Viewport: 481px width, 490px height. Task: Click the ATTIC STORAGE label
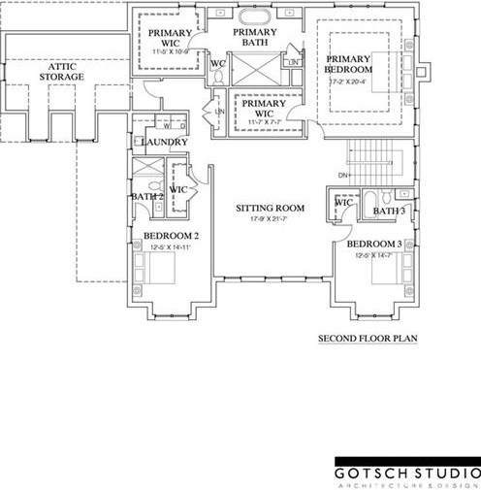click(61, 70)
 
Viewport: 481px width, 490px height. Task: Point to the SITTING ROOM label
click(271, 208)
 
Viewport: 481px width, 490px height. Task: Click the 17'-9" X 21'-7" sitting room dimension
click(271, 218)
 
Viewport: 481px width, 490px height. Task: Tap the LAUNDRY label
click(164, 143)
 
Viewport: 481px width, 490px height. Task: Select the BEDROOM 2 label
click(171, 236)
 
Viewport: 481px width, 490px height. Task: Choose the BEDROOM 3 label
click(374, 244)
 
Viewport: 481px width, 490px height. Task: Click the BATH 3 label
click(388, 211)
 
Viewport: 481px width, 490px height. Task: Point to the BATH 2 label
click(145, 197)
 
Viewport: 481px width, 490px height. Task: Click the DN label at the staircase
click(342, 176)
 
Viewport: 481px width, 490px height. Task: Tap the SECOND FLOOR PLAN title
click(368, 340)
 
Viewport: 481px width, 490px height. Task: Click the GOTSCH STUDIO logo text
click(406, 473)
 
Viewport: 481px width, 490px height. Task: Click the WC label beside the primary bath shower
click(218, 64)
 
